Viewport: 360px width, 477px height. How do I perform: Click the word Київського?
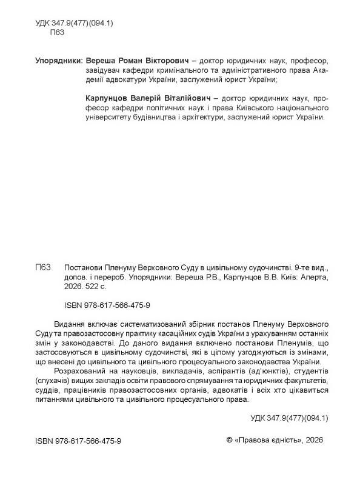pyautogui.click(x=248, y=107)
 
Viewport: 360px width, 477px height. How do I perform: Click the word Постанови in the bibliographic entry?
pyautogui.click(x=83, y=267)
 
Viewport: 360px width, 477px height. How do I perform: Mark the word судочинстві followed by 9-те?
pyautogui.click(x=267, y=267)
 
